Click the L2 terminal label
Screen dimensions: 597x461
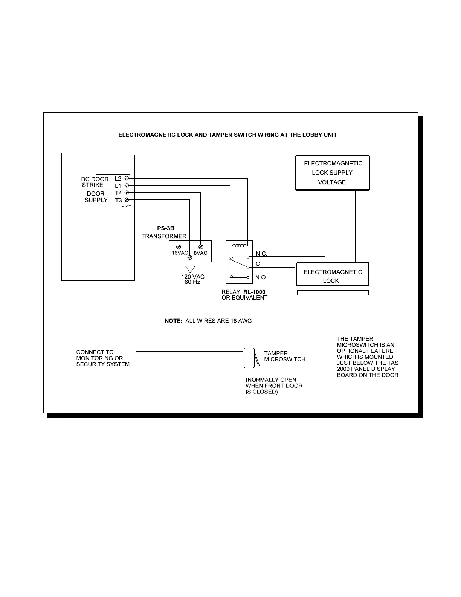pos(118,179)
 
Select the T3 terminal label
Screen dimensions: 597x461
pos(119,201)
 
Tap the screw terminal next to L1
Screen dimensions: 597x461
pos(127,185)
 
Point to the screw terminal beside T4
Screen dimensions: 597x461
pos(127,193)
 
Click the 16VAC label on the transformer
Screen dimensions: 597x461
pos(180,253)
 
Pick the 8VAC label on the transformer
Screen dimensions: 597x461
pos(201,253)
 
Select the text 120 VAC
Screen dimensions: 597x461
pos(193,277)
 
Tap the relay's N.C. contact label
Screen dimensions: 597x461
pos(261,254)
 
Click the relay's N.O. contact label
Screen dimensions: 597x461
pos(261,277)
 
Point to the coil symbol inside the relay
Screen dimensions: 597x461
pos(240,246)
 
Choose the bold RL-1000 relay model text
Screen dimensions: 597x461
pos(254,292)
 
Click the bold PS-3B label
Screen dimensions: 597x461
pos(166,228)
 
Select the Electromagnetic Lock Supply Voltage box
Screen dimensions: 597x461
pos(332,173)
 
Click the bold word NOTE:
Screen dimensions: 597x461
pos(174,321)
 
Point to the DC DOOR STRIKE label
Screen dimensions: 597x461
pos(95,182)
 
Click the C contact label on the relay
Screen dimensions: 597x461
pos(258,264)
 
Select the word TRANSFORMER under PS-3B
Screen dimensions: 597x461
pos(164,236)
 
